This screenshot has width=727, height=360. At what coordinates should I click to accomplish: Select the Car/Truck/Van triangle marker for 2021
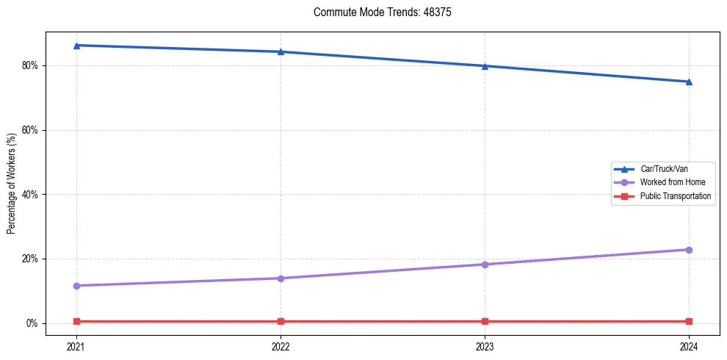click(76, 46)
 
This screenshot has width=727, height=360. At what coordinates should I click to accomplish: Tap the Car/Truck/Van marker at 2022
click(281, 51)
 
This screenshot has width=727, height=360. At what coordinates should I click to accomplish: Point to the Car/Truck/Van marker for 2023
click(485, 66)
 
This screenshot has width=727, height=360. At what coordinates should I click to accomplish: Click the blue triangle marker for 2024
click(689, 82)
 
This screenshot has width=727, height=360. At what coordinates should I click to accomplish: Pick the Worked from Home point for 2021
click(76, 286)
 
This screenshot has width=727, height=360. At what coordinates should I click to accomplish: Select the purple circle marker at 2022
click(281, 278)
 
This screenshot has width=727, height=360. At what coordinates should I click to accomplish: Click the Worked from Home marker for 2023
click(485, 264)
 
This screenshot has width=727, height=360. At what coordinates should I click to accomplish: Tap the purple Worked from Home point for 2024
click(689, 250)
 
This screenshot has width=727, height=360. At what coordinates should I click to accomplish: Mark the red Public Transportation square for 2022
click(281, 321)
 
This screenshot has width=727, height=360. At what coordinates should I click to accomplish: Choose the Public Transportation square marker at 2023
click(485, 321)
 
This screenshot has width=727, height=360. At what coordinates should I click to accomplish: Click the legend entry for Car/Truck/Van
click(664, 169)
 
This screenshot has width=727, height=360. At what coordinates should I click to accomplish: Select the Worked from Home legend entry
click(668, 182)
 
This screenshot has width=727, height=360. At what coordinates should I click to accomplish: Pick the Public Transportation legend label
click(676, 196)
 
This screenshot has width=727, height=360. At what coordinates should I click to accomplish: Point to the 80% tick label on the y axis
click(31, 65)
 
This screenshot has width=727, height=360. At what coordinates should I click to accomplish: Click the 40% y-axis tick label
click(31, 195)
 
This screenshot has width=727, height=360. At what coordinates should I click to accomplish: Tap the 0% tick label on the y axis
click(33, 323)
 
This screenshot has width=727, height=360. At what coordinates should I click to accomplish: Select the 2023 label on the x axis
click(485, 345)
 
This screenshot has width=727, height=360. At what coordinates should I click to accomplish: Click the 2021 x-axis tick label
click(76, 345)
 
